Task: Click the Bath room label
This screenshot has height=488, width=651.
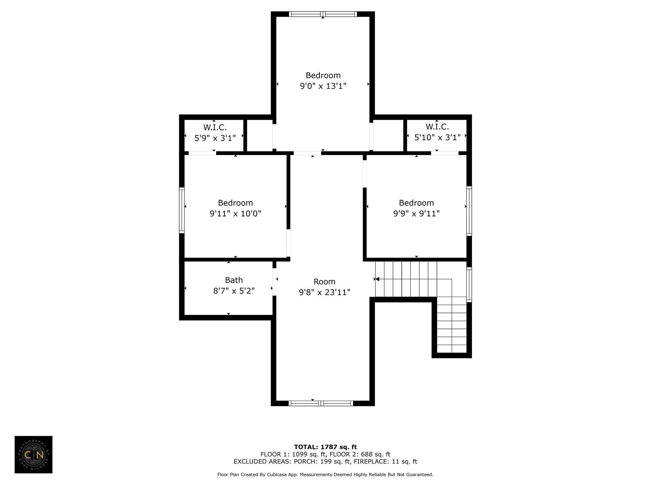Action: (x=234, y=280)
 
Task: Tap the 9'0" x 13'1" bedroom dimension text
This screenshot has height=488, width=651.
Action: (x=323, y=86)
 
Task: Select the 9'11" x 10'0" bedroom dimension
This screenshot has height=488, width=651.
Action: (x=235, y=213)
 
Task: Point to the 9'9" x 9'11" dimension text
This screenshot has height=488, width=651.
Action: (x=416, y=213)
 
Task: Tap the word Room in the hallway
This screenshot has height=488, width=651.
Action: (x=325, y=281)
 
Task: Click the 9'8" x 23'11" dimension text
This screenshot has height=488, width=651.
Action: (x=325, y=292)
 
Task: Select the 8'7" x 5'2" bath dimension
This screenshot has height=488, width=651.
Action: (x=234, y=291)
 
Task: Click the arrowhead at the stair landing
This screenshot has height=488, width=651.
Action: (x=377, y=279)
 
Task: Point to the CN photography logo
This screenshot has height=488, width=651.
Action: (x=33, y=455)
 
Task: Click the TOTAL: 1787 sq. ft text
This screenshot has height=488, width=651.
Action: (x=325, y=447)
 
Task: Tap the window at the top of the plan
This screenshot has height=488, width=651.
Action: (x=323, y=14)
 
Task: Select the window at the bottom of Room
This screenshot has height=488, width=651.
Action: (x=321, y=403)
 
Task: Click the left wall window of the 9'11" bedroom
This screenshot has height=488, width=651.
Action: (x=182, y=210)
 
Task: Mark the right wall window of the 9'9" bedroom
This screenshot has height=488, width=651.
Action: (x=469, y=211)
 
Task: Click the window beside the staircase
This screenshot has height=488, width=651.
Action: (x=469, y=284)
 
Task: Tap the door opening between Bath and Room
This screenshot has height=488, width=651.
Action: (x=274, y=282)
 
